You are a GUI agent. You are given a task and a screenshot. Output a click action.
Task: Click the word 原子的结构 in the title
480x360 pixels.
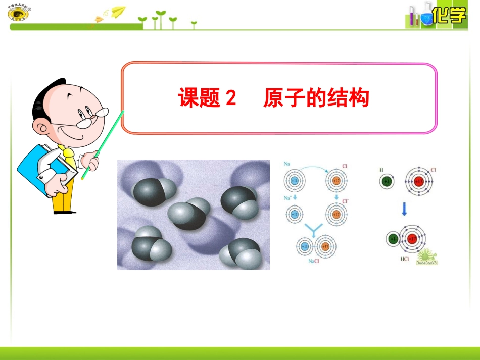[x=316, y=98]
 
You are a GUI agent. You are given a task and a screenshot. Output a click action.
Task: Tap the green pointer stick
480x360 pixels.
[x=103, y=145]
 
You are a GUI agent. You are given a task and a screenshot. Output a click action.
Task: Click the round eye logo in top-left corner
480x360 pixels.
[x=19, y=14]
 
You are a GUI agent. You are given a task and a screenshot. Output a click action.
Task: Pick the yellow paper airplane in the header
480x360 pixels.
[x=118, y=11]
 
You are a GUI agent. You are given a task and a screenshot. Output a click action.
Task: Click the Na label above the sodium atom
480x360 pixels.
[x=286, y=164]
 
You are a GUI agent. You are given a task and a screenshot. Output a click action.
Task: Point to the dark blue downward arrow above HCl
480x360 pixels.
[x=404, y=210]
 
